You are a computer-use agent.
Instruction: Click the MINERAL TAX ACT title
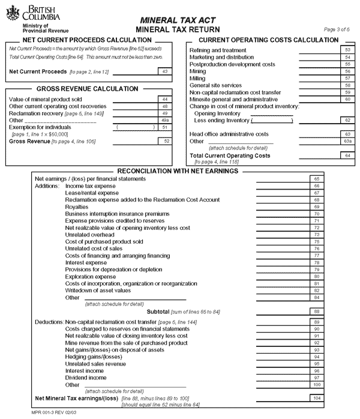tap(178, 20)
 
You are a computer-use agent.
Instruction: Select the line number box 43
tap(164, 71)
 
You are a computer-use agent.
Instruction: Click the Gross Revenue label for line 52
tap(28, 141)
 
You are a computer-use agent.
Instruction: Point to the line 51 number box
tap(164, 127)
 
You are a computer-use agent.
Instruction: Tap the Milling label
tap(197, 78)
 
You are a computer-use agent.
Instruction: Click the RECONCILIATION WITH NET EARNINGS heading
tap(178, 171)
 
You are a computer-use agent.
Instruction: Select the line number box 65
tap(316, 179)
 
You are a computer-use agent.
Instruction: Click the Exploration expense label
tap(91, 277)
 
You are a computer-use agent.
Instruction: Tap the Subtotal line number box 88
tap(316, 312)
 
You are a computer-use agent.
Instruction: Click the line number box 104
tap(316, 398)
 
